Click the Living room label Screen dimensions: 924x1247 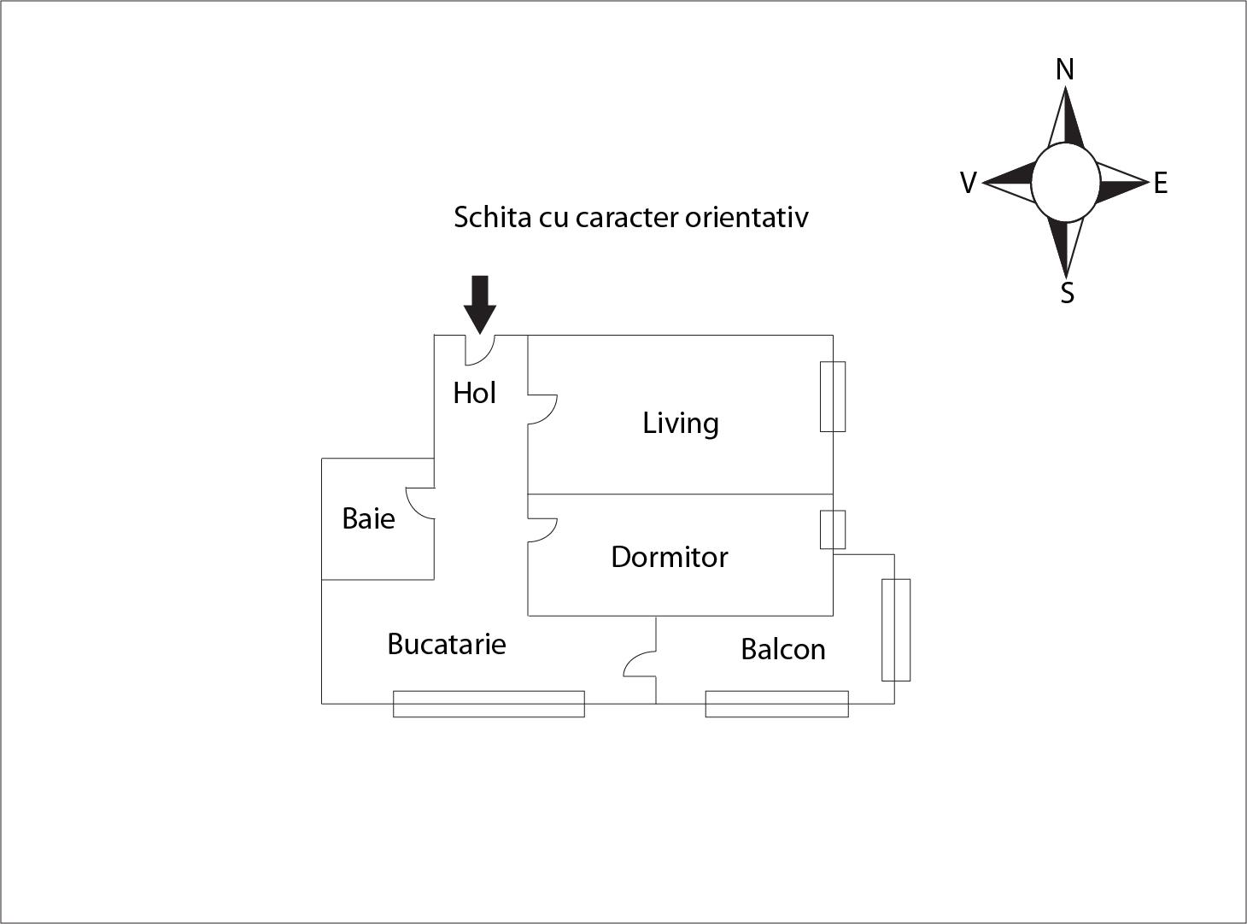pyautogui.click(x=681, y=424)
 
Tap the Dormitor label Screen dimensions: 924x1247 pyautogui.click(x=670, y=557)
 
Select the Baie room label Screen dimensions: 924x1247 pyautogui.click(x=368, y=518)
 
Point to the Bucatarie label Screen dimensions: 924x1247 pyautogui.click(x=446, y=644)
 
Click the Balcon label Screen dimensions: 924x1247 pyautogui.click(x=782, y=649)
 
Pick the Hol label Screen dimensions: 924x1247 pyautogui.click(x=474, y=393)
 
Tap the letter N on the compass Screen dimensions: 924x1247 pyautogui.click(x=1064, y=70)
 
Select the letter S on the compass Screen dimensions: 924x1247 pyautogui.click(x=1067, y=293)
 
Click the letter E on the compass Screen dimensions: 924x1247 pyautogui.click(x=1160, y=183)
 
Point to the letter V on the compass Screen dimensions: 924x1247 pyautogui.click(x=968, y=183)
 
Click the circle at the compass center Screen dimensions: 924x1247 pyautogui.click(x=1065, y=183)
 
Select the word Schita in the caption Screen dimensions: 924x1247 pyautogui.click(x=491, y=217)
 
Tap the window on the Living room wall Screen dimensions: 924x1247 pyautogui.click(x=833, y=396)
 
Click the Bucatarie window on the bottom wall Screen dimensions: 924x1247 pyautogui.click(x=489, y=704)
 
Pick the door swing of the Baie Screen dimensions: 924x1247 pyautogui.click(x=419, y=503)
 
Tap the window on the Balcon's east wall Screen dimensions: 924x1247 pyautogui.click(x=895, y=629)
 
